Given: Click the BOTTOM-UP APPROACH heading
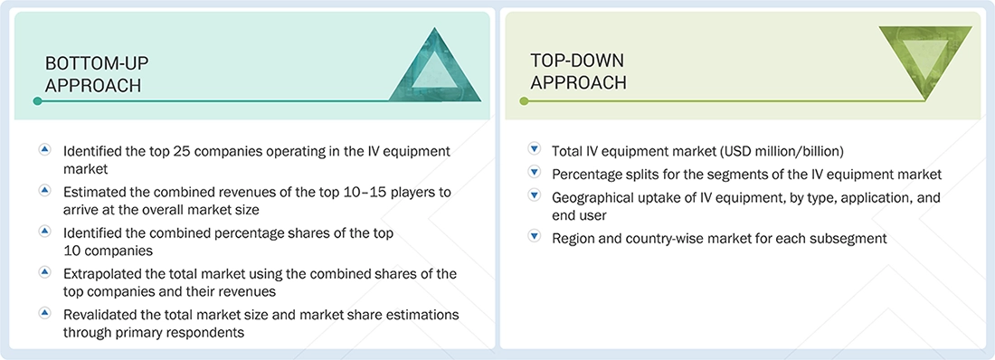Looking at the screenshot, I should point(97,74).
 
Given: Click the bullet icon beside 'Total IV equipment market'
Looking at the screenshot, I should point(534,150).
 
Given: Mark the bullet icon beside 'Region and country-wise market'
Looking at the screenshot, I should point(534,238).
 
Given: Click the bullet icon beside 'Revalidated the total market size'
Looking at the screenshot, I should point(44,314).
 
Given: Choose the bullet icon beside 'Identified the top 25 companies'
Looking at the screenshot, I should point(44,150).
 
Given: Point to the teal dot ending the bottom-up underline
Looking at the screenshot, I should point(37,101).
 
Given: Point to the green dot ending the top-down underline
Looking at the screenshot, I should point(523,101).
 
